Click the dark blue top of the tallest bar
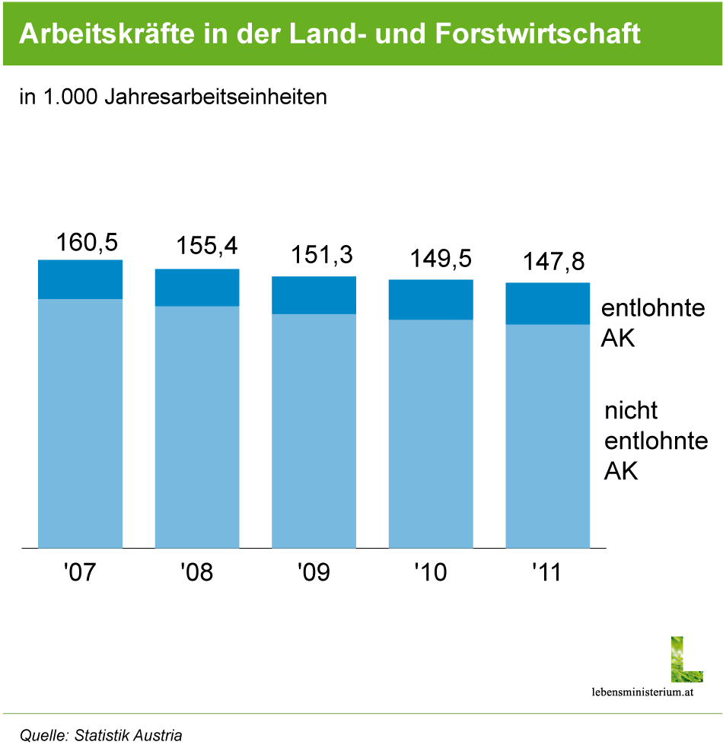coord(80,279)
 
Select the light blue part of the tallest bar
coord(80,422)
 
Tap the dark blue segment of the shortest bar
coord(548,304)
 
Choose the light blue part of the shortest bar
coord(548,435)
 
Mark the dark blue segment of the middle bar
coord(314,295)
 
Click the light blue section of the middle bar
coord(314,430)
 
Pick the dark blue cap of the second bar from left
coord(197,288)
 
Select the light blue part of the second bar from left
coord(197,426)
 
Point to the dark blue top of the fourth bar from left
coord(431,300)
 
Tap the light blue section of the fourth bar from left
coord(431,433)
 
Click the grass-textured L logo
coord(686,660)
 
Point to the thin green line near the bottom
coord(361,714)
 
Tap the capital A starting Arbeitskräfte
coord(27,34)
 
